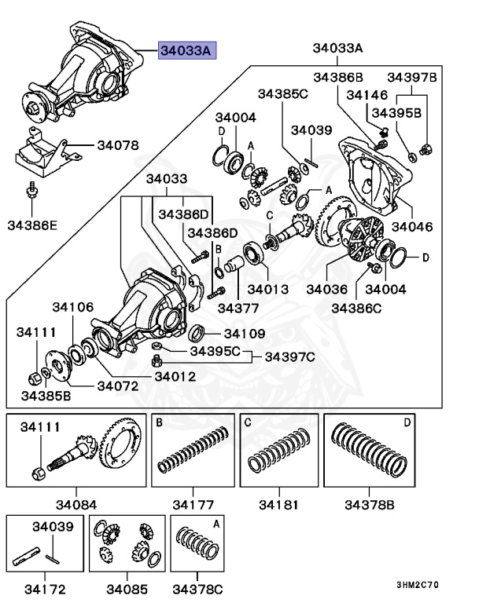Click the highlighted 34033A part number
coord(186,51)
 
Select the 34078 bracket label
coord(118,145)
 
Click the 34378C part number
coord(198,588)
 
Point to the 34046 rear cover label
coord(412,227)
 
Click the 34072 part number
coord(118,386)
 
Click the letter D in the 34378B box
coord(407,422)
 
